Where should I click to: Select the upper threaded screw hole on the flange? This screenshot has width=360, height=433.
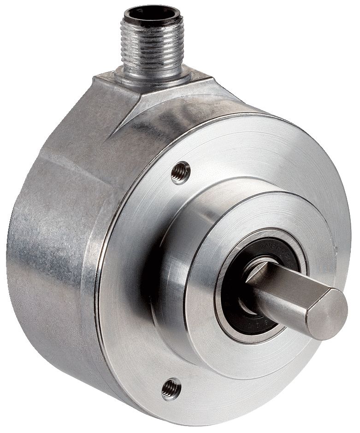pos(181,173)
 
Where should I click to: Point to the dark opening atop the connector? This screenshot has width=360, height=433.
pos(147,13)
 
